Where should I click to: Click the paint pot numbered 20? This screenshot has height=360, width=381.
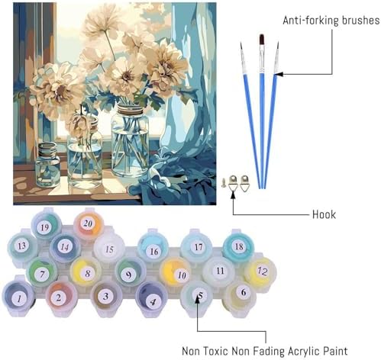tap(89, 224)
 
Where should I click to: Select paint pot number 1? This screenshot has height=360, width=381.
tap(18, 297)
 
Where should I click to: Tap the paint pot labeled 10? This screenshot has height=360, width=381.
tap(176, 273)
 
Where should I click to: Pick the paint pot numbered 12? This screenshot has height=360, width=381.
tap(260, 272)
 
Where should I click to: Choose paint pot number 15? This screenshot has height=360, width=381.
tap(109, 249)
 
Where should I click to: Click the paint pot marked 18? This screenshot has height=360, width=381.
tap(238, 247)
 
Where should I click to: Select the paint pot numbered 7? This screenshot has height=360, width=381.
tap(42, 272)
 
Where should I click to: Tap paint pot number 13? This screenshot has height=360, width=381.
tap(22, 246)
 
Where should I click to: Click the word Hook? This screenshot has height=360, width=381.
tap(324, 214)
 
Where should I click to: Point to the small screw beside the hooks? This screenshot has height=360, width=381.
tap(224, 182)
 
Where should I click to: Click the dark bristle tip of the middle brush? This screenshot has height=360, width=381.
tap(261, 39)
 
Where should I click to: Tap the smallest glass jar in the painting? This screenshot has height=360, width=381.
tap(47, 164)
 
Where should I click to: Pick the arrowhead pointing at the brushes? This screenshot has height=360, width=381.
tap(279, 74)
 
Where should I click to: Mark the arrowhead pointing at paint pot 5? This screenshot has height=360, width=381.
tap(198, 299)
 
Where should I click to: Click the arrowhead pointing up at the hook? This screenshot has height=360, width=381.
tap(233, 196)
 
